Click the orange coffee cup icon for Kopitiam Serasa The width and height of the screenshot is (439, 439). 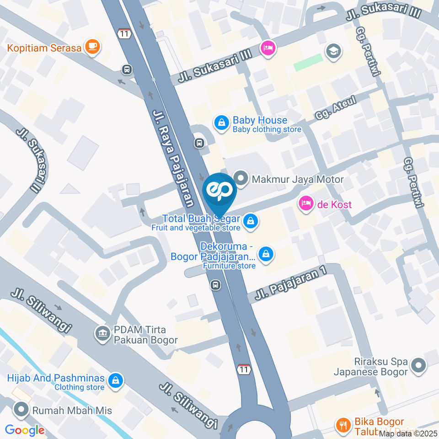click(92, 47)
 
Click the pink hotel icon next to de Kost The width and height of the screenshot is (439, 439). click(305, 203)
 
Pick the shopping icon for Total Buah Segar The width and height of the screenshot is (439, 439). click(250, 222)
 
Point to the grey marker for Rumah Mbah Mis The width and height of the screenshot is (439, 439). click(21, 410)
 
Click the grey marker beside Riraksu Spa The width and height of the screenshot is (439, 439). click(418, 366)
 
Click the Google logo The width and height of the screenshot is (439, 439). click(25, 430)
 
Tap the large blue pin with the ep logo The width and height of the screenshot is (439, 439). click(219, 193)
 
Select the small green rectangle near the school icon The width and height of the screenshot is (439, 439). click(308, 63)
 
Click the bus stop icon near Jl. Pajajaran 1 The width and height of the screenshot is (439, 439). click(215, 285)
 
